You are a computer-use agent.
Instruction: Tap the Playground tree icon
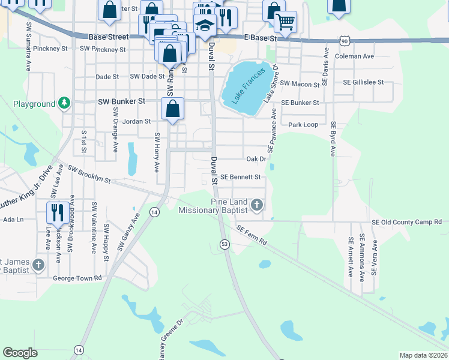pos(64,104)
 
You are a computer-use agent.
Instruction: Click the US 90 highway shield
pos(344,40)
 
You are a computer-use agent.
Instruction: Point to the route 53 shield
pos(224,244)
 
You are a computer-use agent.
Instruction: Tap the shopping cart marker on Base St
pos(285,22)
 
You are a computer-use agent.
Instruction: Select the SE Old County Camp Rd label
pos(406,222)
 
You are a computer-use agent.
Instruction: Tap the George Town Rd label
pos(78,278)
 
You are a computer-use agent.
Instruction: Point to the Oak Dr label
pos(256,159)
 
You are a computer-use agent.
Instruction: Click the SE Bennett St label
pos(241,177)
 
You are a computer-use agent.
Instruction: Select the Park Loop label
pos(303,125)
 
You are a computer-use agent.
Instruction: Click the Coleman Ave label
pos(355,56)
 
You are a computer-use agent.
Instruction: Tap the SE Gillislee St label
pos(363,82)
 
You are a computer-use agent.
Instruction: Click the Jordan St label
pos(136,121)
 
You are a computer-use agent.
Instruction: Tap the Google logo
pos(20,353)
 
